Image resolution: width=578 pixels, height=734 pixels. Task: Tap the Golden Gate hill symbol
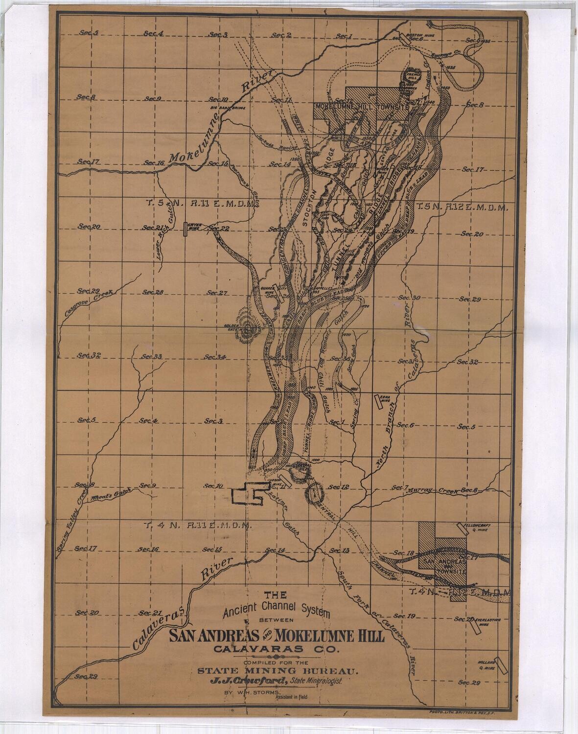pos(250,330)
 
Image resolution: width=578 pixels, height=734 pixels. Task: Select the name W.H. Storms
pos(263,693)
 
